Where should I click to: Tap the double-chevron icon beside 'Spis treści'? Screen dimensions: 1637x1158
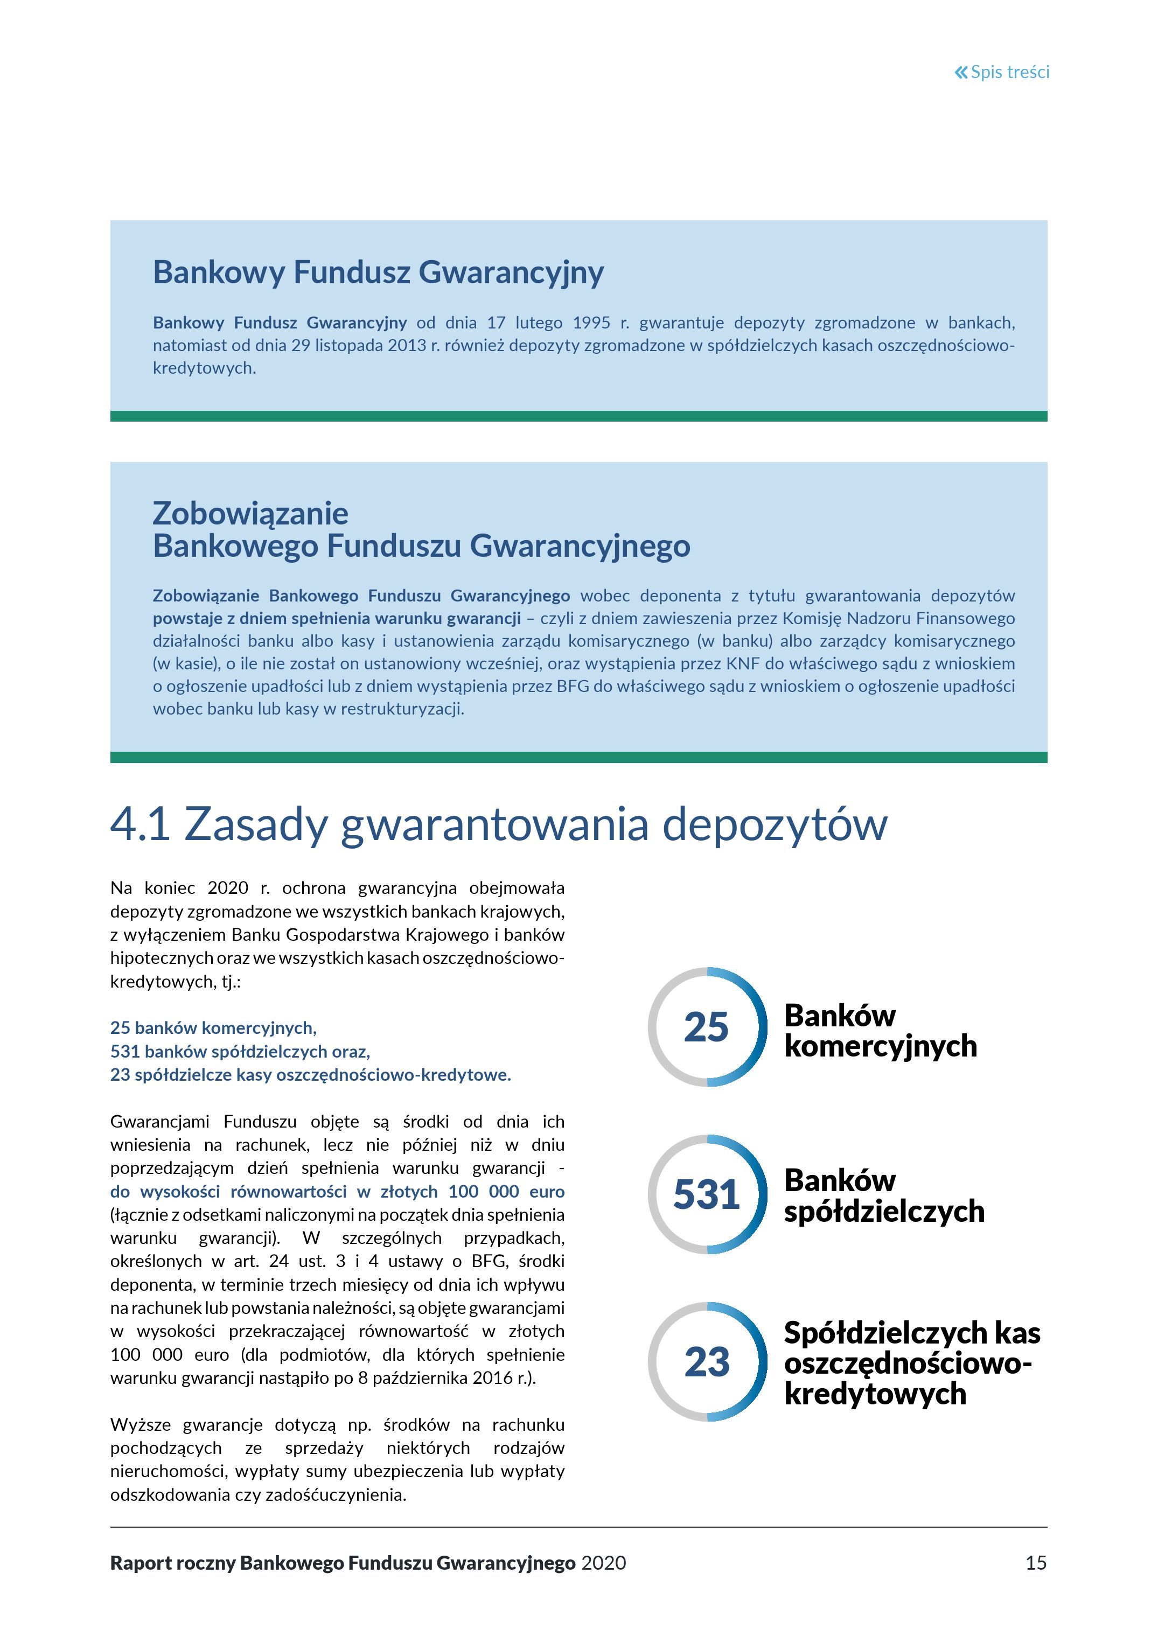click(x=961, y=72)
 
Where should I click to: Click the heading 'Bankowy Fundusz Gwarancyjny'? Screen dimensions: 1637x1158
click(x=378, y=272)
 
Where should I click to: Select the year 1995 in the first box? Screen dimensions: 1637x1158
click(x=591, y=323)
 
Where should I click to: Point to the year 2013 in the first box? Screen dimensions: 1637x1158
click(x=407, y=346)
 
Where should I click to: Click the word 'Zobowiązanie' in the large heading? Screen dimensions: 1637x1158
click(x=250, y=513)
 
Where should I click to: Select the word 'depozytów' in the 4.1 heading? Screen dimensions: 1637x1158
click(x=775, y=824)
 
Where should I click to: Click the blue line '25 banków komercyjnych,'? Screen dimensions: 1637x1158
click(x=213, y=1027)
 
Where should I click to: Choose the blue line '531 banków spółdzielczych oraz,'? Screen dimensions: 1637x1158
click(x=240, y=1051)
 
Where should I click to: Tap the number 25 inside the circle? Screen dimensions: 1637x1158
click(x=706, y=1027)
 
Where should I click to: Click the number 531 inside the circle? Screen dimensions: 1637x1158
click(x=706, y=1194)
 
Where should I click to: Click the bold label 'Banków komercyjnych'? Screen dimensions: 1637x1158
click(x=880, y=1031)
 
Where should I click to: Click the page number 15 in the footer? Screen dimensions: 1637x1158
click(x=1035, y=1563)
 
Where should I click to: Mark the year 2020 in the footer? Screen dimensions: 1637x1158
click(x=603, y=1563)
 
